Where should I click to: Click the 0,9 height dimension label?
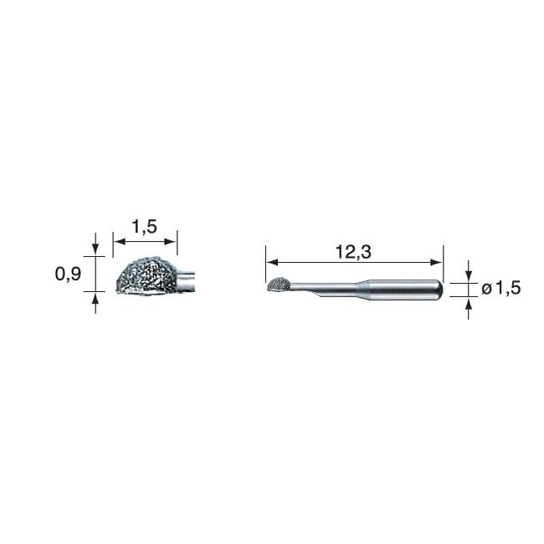(68, 274)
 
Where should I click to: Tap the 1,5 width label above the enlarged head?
(144, 227)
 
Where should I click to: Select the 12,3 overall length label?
(353, 252)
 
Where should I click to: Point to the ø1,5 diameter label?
(501, 288)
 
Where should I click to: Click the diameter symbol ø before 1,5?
(487, 289)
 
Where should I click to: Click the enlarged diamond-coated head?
(146, 276)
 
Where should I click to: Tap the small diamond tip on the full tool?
(278, 285)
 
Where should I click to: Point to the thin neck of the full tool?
(325, 287)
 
